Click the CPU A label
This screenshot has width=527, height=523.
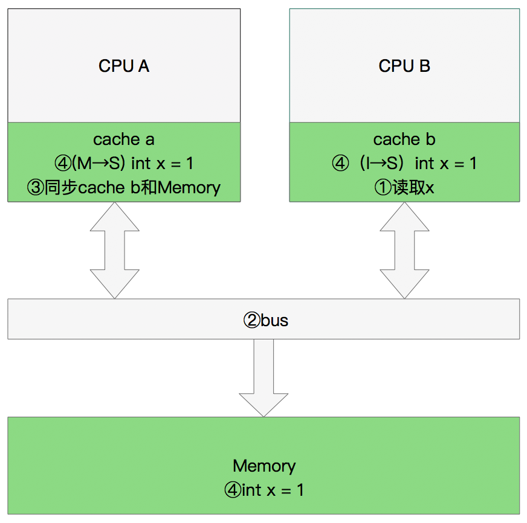click(x=124, y=66)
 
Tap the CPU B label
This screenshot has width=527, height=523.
click(x=404, y=66)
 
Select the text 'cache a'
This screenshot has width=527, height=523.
click(x=124, y=140)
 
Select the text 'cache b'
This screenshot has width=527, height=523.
click(x=404, y=140)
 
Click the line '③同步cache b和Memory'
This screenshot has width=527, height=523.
click(x=124, y=187)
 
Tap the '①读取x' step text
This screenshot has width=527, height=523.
click(x=404, y=187)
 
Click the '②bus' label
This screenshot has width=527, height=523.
click(x=265, y=319)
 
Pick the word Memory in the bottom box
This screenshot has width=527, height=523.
click(x=264, y=466)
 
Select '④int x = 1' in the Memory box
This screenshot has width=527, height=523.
click(x=264, y=490)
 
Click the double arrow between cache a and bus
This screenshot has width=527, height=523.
click(x=114, y=250)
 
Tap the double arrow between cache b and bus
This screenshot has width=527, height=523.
click(x=404, y=250)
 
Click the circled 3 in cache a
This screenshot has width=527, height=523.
click(x=34, y=188)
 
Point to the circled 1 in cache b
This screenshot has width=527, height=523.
click(x=383, y=188)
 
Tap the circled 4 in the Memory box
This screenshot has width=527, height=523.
click(x=232, y=490)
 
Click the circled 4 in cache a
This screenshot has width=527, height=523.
click(x=62, y=164)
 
